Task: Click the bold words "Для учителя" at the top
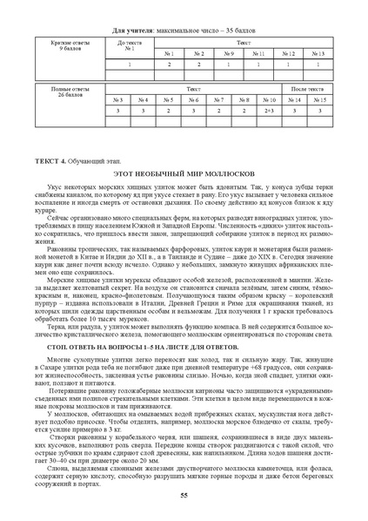pos(132,30)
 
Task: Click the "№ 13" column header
pos(317,54)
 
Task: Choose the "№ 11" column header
pos(258,54)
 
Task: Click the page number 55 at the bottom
pos(184,494)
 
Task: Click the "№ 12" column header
pos(287,54)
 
